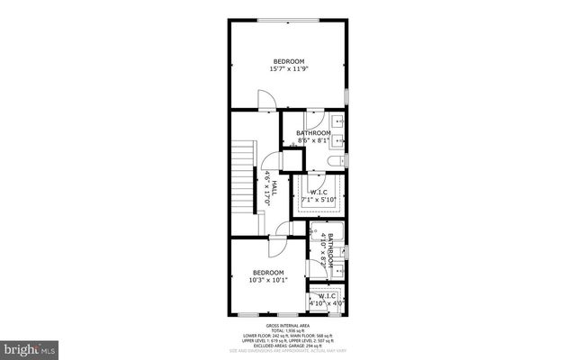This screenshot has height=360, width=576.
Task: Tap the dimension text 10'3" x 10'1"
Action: (x=268, y=280)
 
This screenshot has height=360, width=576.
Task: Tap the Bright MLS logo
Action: (x=31, y=346)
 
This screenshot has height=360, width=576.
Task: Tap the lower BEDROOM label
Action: (x=268, y=273)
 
